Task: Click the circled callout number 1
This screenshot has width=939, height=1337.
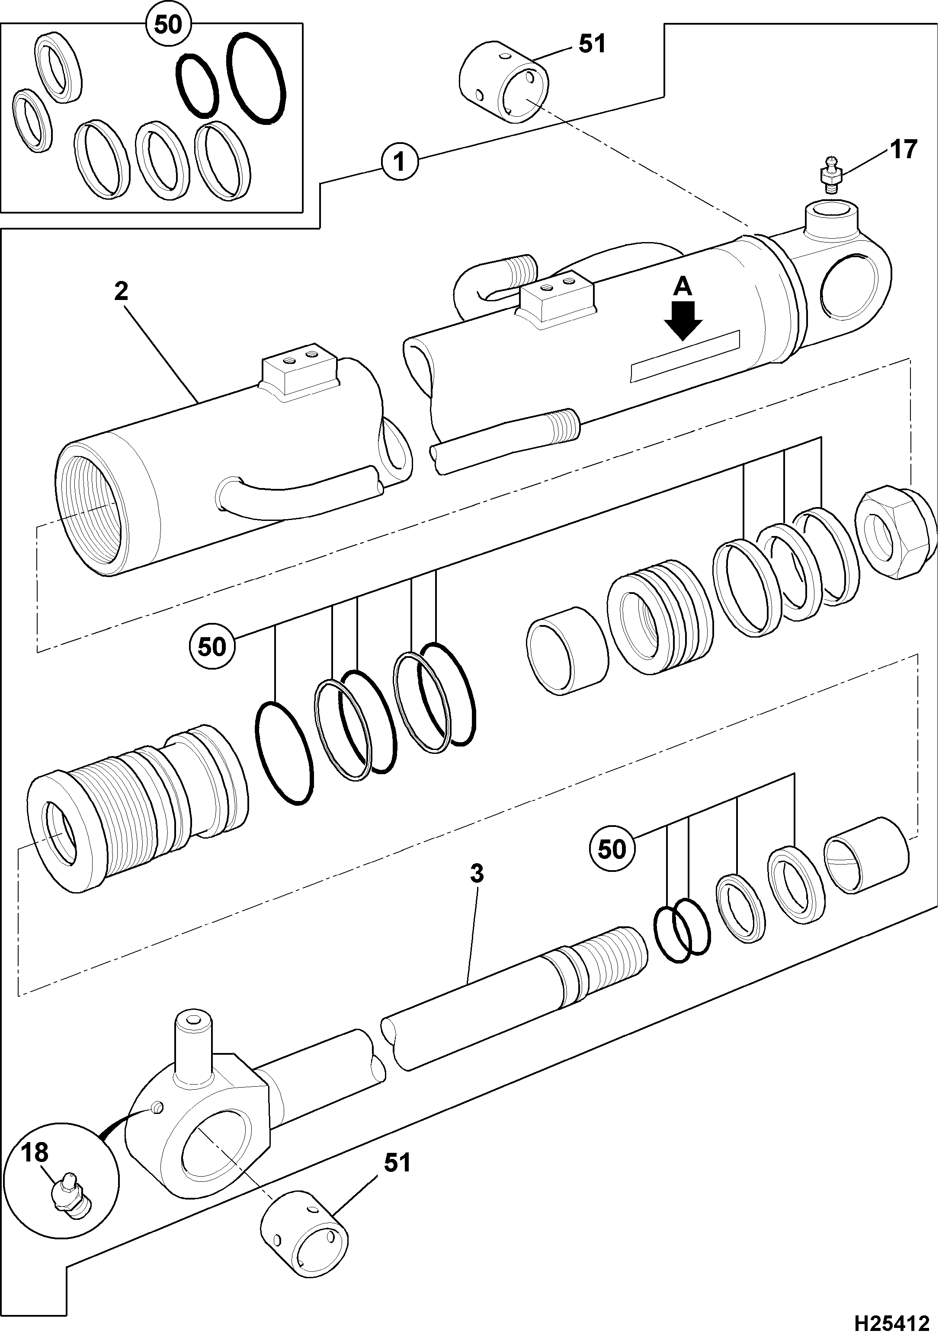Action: pos(400,162)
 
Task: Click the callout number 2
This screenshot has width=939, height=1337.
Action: pos(121,292)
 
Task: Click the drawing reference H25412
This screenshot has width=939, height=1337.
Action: pos(891,1322)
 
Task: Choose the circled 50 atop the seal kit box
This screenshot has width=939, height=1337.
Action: pos(168,25)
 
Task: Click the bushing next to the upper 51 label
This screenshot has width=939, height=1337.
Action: pos(503,82)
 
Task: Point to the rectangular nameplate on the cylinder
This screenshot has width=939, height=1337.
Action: pos(686,356)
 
